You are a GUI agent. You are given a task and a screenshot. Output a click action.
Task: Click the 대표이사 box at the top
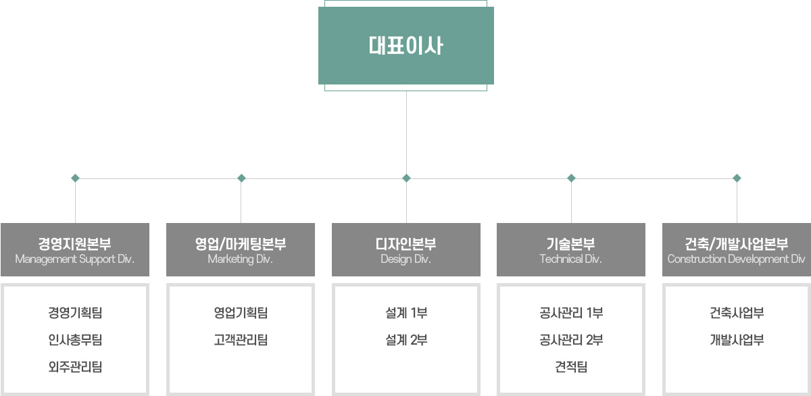pos(406,46)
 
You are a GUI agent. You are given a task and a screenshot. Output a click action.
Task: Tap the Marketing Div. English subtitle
pos(240,259)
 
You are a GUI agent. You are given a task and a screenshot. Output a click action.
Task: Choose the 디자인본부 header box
pos(405,249)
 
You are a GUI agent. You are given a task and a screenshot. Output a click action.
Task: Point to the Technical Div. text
pos(571,259)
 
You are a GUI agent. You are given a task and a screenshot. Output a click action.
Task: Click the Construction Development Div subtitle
pos(736,259)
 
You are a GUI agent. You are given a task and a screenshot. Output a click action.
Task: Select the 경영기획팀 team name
pos(74,313)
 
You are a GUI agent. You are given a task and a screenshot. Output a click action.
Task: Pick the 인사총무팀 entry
pos(74,340)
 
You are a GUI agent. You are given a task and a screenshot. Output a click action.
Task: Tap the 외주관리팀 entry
pos(74,367)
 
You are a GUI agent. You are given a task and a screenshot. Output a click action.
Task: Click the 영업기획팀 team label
pos(240,313)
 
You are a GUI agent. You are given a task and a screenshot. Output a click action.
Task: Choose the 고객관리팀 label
pos(240,340)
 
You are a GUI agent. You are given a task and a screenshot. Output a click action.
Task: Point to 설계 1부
pos(405,313)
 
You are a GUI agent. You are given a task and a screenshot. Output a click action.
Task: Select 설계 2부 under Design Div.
pos(405,340)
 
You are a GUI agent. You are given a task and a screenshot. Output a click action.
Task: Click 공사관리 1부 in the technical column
pos(571,313)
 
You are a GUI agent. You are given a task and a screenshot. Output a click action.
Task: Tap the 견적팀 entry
pos(571,367)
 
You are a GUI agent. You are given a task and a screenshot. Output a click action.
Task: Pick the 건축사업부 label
pos(737,313)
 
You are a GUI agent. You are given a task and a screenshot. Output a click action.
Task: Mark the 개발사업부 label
pos(737,340)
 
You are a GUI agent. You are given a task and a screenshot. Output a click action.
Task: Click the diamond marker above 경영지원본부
pos(75,178)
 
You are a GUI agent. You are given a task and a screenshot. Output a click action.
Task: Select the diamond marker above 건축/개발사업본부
pos(737,178)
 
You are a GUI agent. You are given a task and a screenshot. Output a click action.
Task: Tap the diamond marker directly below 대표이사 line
pos(406,178)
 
